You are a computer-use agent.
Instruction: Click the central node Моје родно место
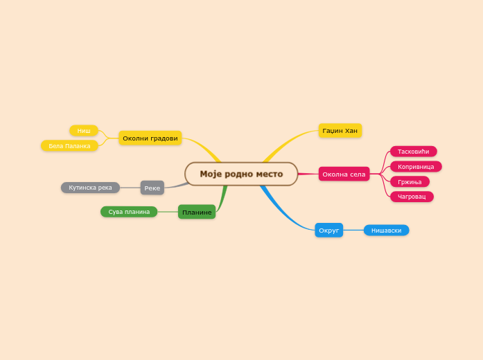coord(241,174)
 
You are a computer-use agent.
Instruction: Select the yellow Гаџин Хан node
coord(340,130)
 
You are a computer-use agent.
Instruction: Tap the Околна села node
coord(344,174)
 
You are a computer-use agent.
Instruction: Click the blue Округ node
coord(328,230)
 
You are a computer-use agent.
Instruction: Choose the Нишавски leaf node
coord(386,230)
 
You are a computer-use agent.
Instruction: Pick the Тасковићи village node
coord(413,152)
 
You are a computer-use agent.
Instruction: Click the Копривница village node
coord(416,166)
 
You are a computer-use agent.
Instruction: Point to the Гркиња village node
coord(410,181)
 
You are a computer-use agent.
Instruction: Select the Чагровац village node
coord(412,197)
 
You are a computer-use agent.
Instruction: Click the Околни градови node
coord(150,138)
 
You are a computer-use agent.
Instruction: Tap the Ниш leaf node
coord(83,130)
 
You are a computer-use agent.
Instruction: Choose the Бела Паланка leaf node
coord(69,145)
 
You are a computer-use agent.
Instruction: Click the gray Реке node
coord(152,188)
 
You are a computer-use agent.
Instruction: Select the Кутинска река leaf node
coord(90,188)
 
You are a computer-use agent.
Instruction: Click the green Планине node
coord(197,212)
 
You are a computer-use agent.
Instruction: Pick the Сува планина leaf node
coord(129,212)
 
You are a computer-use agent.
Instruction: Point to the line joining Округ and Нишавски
coord(353,230)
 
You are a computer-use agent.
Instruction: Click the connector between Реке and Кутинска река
coord(130,188)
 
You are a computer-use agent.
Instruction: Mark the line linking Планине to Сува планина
coord(168,212)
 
